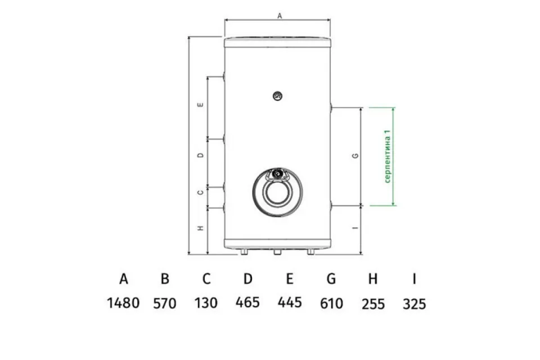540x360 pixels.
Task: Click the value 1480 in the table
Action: pyautogui.click(x=123, y=303)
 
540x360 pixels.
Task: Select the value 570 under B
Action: pyautogui.click(x=165, y=304)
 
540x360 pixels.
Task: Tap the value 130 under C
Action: pyautogui.click(x=206, y=303)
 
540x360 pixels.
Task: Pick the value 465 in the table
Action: pyautogui.click(x=247, y=303)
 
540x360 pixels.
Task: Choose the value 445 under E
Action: pyautogui.click(x=290, y=303)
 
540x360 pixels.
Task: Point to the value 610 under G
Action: pyautogui.click(x=331, y=304)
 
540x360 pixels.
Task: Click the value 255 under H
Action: pyautogui.click(x=373, y=304)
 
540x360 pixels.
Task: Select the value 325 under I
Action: pyautogui.click(x=415, y=304)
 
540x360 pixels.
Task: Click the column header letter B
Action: pyautogui.click(x=165, y=278)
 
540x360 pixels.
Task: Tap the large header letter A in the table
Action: pyautogui.click(x=124, y=278)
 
